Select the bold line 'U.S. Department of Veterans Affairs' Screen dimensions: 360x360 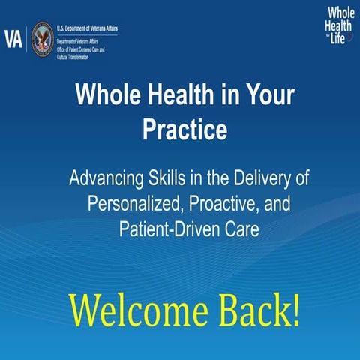[x=87, y=28]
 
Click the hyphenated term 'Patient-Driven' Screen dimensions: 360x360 [x=166, y=229]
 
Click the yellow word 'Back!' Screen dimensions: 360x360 [x=255, y=310]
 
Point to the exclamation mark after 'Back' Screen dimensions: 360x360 [x=295, y=310]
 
